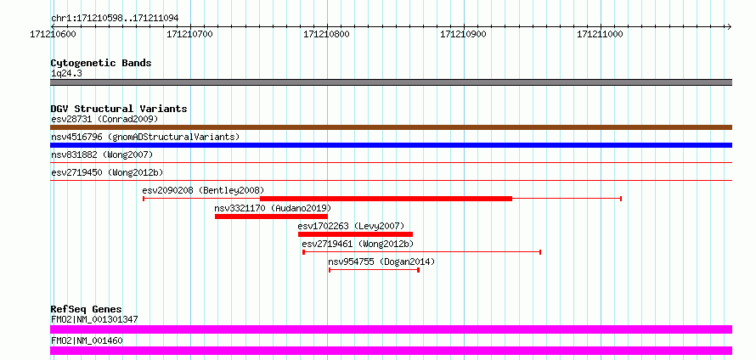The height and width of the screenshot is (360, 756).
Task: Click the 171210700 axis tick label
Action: point(190,34)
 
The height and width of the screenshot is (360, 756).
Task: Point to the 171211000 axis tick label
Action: point(601,34)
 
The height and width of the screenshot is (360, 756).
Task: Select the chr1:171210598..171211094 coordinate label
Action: point(115,19)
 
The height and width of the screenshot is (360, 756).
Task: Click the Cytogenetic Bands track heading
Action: point(101,63)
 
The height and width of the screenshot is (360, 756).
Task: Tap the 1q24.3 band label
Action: point(66,74)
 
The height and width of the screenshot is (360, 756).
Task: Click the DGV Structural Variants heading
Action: point(119,109)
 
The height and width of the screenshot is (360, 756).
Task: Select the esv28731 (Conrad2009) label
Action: point(104,119)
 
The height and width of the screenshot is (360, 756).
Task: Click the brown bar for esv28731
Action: point(391,127)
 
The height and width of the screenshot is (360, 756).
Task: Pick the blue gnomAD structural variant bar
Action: point(391,145)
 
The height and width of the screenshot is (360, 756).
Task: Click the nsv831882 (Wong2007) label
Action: point(102,155)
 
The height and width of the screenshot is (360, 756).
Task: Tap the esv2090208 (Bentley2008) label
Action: point(204,190)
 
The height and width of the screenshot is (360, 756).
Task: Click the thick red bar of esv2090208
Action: point(386,199)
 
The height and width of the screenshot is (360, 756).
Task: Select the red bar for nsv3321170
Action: point(271,217)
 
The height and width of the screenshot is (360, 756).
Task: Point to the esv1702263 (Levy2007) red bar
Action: point(355,234)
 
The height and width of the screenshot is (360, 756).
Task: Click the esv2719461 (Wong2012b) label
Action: point(358,244)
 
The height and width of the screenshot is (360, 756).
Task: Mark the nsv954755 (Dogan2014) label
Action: point(381,262)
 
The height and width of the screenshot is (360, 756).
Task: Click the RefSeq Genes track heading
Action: point(87,309)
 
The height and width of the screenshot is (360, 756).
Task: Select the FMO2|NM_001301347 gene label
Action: point(94,319)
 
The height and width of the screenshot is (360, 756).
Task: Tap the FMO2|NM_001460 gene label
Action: point(87,340)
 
